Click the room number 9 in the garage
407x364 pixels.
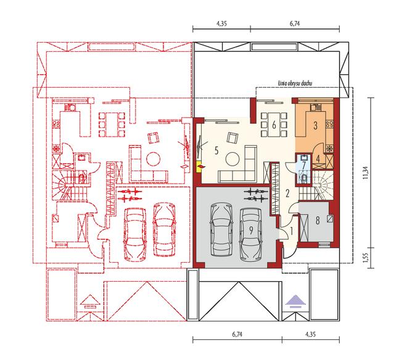click(251, 231)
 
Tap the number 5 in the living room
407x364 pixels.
click(216, 150)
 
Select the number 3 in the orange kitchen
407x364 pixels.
click(315, 125)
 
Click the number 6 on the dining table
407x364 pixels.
click(274, 125)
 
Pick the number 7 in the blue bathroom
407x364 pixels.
click(303, 165)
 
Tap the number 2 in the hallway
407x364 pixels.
click(287, 193)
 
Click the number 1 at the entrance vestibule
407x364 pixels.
click(291, 231)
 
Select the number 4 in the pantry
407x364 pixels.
click(318, 158)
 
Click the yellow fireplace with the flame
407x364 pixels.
click(200, 166)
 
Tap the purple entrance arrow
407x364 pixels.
click(295, 302)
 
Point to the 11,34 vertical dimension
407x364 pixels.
click(366, 173)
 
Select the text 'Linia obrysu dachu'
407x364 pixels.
click(295, 83)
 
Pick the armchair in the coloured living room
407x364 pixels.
click(232, 137)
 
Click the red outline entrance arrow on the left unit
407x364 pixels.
click(90, 302)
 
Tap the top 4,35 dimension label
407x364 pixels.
click(221, 23)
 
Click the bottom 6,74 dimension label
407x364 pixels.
click(237, 334)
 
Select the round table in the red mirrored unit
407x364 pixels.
click(153, 159)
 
